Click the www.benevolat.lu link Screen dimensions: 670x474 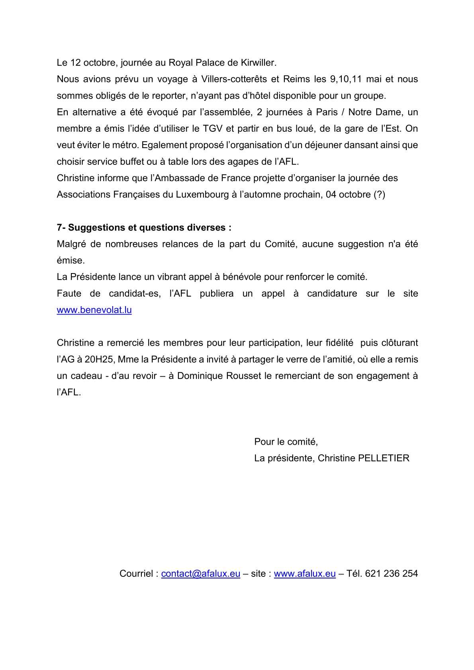tap(94, 310)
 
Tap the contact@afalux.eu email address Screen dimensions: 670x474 tap(200, 574)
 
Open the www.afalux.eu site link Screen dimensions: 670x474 tap(305, 574)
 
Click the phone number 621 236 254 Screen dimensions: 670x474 tap(391, 574)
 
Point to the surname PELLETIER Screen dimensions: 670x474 tap(384, 458)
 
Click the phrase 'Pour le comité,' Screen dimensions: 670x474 tap(286, 442)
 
